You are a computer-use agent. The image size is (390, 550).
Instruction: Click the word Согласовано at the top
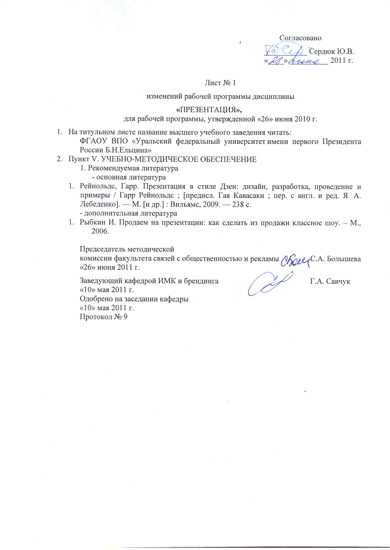point(300,37)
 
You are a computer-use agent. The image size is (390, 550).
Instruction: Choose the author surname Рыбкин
point(92,222)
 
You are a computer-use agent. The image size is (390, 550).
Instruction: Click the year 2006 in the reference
point(100,231)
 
